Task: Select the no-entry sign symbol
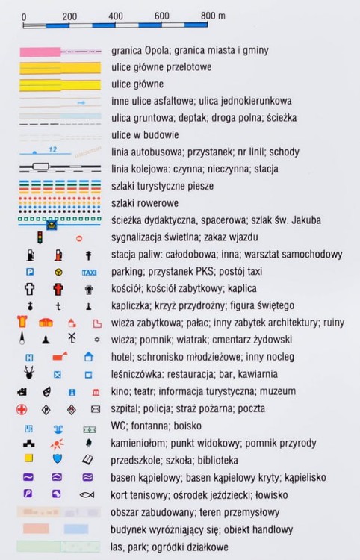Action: pos(81,238)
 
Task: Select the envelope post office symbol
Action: pos(95,409)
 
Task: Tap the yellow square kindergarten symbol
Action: pos(28,459)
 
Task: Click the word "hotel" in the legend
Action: pos(122,357)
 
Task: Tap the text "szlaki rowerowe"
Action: pos(144,203)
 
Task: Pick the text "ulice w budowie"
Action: pos(143,135)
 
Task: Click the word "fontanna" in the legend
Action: pos(156,426)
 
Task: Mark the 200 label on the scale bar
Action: pos(69,16)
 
